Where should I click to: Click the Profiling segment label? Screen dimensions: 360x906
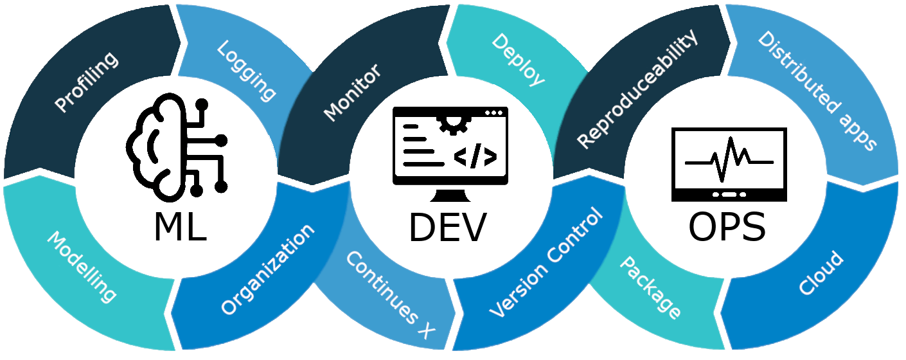(87, 82)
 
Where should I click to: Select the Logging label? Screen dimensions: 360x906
(247, 71)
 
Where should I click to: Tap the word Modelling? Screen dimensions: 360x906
(82, 266)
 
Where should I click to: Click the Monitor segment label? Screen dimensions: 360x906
(352, 93)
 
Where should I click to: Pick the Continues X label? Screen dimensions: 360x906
(390, 294)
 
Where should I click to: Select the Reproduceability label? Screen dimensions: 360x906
(637, 90)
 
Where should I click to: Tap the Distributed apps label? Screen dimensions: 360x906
(817, 90)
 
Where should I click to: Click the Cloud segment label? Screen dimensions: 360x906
(821, 273)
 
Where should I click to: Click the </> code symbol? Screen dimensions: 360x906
(475, 156)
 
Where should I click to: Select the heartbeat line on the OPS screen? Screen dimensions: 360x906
(729, 161)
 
